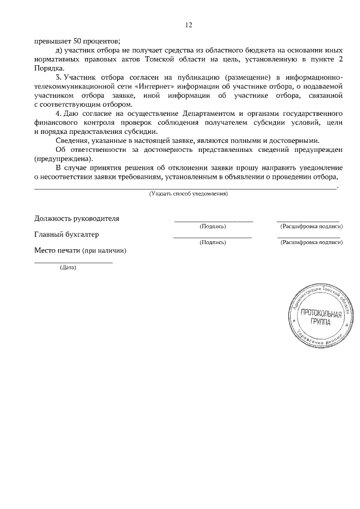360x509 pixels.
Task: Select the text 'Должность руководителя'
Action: pos(76,218)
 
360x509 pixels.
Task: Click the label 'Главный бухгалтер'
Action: pos(66,235)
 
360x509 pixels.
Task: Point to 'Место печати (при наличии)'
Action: pos(80,250)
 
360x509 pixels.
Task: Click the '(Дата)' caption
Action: pos(68,268)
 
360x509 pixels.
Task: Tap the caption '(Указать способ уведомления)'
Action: pos(188,193)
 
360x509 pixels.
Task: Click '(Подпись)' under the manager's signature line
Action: pos(213,226)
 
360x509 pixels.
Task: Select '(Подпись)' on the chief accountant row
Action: pos(213,242)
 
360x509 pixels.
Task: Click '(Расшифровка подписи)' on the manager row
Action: pos(311,226)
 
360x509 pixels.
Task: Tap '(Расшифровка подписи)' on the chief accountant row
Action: pos(311,242)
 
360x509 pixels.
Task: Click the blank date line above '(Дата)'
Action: pos(73,262)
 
